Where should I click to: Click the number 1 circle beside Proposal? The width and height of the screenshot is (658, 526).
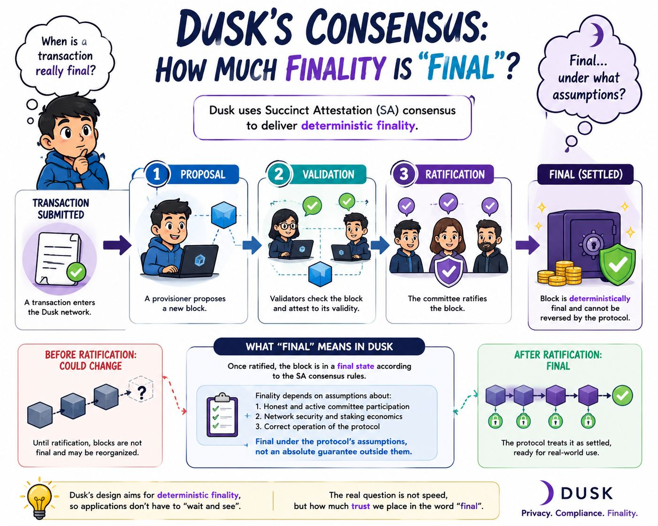pyautogui.click(x=156, y=174)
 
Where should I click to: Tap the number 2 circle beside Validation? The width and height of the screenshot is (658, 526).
pyautogui.click(x=278, y=174)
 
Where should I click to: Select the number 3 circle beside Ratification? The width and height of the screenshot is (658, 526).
pyautogui.click(x=404, y=174)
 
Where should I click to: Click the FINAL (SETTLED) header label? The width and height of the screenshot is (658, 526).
pyautogui.click(x=586, y=174)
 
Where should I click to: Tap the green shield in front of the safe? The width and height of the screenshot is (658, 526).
pyautogui.click(x=617, y=264)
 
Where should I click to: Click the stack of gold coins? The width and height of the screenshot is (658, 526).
pyautogui.click(x=560, y=273)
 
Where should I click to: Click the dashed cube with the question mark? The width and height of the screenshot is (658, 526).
pyautogui.click(x=140, y=390)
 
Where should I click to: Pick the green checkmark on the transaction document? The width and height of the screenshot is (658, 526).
pyautogui.click(x=76, y=271)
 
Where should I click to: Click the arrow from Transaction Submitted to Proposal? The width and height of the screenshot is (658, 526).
pyautogui.click(x=117, y=245)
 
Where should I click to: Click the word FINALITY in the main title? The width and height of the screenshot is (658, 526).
pyautogui.click(x=335, y=67)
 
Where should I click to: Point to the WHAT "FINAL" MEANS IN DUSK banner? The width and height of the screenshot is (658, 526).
pyautogui.click(x=319, y=347)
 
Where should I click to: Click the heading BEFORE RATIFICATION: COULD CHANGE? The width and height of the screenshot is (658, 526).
pyautogui.click(x=91, y=360)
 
